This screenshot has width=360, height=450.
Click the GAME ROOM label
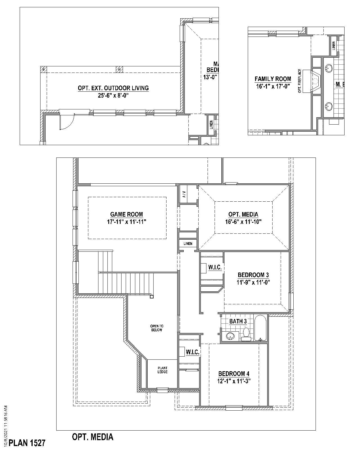coord(126,214)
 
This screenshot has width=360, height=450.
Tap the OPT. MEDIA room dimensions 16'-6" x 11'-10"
coord(243,222)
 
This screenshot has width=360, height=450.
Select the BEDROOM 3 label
coord(251,275)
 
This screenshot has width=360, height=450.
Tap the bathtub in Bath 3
coord(260,328)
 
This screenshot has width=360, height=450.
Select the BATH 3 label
coord(238,321)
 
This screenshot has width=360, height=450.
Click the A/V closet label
coord(184,194)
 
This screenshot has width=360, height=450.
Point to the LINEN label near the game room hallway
coord(188,244)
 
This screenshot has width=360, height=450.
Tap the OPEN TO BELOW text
coord(156,328)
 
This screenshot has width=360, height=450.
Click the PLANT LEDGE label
coord(163,370)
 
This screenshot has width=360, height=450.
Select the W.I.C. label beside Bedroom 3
coord(215,267)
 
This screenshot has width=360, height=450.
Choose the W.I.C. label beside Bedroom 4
coord(193,352)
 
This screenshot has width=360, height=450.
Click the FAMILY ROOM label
coord(273,79)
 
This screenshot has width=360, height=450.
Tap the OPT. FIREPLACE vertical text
coord(300,81)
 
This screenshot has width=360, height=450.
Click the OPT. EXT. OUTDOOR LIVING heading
coord(113,88)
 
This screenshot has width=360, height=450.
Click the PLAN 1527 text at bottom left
coord(27,443)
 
